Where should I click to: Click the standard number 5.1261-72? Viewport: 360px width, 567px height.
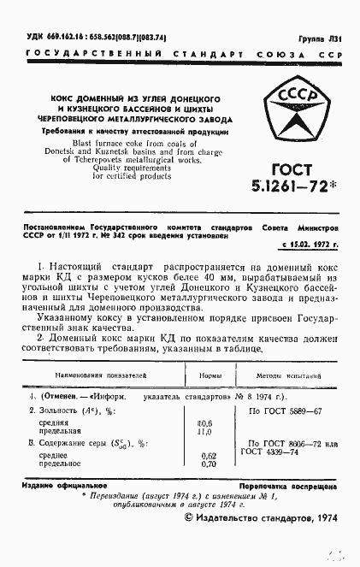click(297, 187)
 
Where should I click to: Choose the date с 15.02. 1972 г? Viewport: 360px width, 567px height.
click(310, 245)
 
